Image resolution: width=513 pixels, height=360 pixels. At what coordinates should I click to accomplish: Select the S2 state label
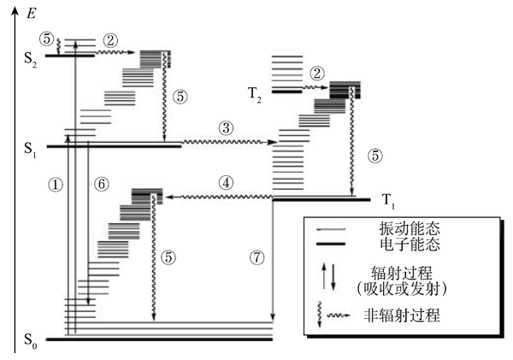pos(30,56)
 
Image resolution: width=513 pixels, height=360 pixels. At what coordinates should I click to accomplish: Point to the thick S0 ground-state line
pos(158,339)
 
